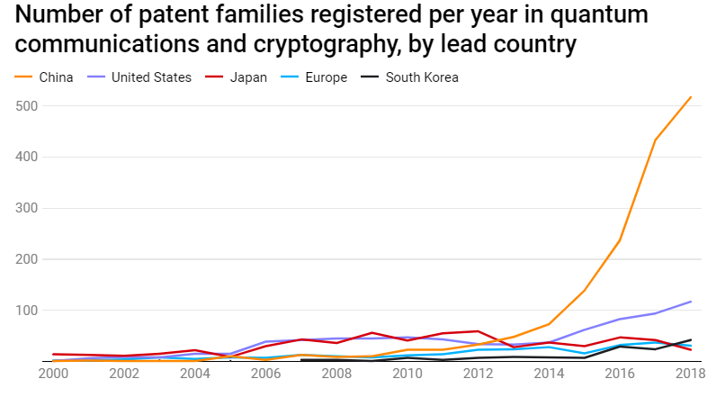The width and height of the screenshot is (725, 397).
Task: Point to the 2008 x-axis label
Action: click(x=336, y=373)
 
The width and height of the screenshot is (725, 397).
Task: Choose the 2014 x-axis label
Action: click(x=549, y=373)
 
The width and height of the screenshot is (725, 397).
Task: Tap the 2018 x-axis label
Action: click(x=691, y=373)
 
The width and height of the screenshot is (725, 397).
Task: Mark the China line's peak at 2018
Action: click(x=691, y=97)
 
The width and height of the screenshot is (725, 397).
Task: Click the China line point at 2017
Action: click(x=656, y=140)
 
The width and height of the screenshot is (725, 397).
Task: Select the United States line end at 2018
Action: click(x=691, y=302)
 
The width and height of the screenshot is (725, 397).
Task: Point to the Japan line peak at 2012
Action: click(x=478, y=331)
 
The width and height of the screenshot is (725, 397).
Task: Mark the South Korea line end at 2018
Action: click(x=691, y=340)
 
